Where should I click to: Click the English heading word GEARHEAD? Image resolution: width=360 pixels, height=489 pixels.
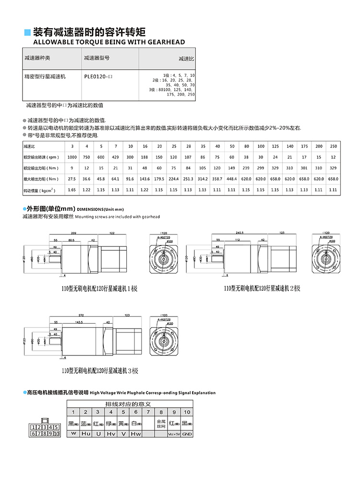[166, 42]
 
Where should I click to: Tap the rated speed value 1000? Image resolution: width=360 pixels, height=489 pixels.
[72, 157]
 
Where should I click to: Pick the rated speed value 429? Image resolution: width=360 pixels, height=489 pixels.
[116, 157]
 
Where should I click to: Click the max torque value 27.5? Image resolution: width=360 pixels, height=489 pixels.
[72, 179]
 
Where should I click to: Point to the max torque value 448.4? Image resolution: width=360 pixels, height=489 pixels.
[232, 179]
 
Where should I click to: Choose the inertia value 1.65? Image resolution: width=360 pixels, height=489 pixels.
[72, 190]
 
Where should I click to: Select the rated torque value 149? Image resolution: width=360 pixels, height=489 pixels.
[232, 168]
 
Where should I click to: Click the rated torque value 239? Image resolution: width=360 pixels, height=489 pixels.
[247, 168]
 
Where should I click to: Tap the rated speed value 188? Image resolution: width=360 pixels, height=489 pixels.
[145, 157]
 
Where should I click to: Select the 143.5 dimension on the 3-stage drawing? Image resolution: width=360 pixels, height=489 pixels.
[79, 322]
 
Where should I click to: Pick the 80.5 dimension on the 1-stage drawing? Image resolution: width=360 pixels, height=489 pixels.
[72, 240]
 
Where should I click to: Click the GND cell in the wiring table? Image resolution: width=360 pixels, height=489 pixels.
[187, 434]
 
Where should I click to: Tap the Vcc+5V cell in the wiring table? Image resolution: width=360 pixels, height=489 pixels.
[174, 434]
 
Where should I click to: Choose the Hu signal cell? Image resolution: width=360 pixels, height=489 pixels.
[86, 434]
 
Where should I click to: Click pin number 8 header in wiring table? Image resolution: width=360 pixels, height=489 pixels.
[161, 412]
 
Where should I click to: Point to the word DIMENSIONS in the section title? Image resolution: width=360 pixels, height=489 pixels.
[91, 209]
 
